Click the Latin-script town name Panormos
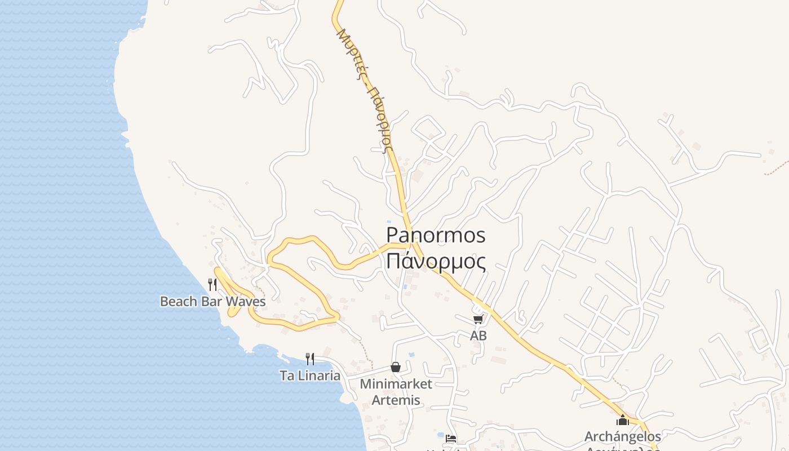click(436, 236)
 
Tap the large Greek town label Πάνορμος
click(436, 262)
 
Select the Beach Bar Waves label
click(212, 302)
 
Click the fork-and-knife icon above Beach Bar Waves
click(212, 285)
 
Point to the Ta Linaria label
click(310, 375)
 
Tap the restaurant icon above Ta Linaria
click(310, 359)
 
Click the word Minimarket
click(396, 384)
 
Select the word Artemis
click(396, 400)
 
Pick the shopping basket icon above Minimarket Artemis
click(396, 367)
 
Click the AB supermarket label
click(478, 336)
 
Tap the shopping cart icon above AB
click(478, 320)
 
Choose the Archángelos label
click(623, 436)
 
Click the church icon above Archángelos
click(623, 420)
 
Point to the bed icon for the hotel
click(450, 438)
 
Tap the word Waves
click(246, 302)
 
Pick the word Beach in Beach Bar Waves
click(178, 302)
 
